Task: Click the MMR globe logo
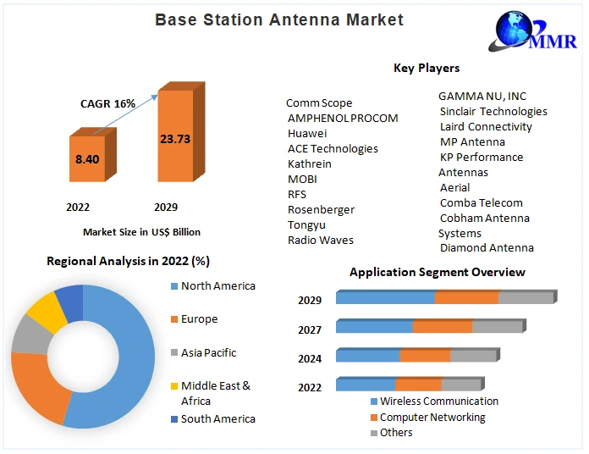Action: pyautogui.click(x=532, y=31)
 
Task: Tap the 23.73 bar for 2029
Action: pyautogui.click(x=181, y=132)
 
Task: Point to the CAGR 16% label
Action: pyautogui.click(x=107, y=103)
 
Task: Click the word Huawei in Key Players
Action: pyautogui.click(x=307, y=134)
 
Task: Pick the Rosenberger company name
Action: pyautogui.click(x=321, y=210)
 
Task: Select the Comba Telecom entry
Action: pyautogui.click(x=482, y=203)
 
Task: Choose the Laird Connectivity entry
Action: pyautogui.click(x=486, y=127)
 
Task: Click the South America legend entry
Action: pyautogui.click(x=213, y=418)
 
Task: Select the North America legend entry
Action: pyautogui.click(x=213, y=286)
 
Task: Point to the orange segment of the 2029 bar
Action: pyautogui.click(x=467, y=297)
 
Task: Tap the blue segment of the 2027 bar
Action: pyautogui.click(x=375, y=326)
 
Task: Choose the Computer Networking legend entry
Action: pyautogui.click(x=427, y=418)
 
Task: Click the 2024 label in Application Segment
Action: pyautogui.click(x=310, y=359)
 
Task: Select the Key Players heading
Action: pyautogui.click(x=427, y=68)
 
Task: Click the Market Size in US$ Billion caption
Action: pyautogui.click(x=141, y=232)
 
